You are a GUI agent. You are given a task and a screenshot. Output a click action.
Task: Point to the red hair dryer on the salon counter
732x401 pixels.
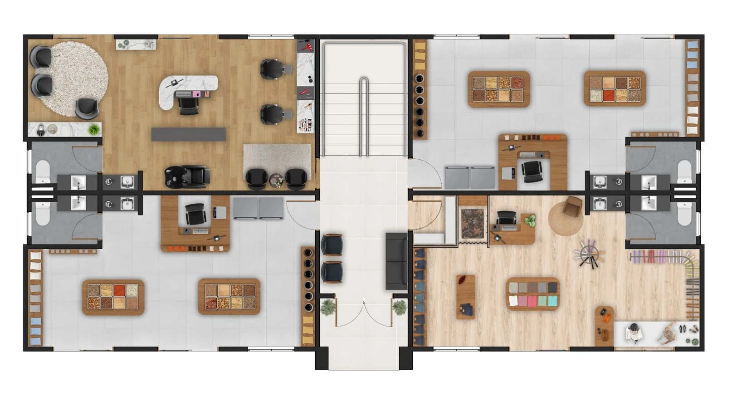307,46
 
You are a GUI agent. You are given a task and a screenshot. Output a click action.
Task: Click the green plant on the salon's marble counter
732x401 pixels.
94,129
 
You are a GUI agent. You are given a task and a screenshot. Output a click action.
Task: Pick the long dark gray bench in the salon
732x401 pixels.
188,134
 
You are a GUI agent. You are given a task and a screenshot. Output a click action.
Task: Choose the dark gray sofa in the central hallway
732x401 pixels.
396,261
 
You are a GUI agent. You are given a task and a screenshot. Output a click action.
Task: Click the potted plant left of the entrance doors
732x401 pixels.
327,307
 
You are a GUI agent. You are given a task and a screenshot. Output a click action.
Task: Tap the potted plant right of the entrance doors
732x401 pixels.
400,307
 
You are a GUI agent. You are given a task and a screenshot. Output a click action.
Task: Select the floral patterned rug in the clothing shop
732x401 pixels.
473,224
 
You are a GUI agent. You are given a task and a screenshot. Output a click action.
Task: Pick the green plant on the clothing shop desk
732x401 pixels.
529,221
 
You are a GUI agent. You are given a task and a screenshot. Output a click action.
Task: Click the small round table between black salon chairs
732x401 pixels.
276,181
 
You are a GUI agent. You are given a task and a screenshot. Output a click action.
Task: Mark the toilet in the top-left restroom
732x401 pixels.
43,172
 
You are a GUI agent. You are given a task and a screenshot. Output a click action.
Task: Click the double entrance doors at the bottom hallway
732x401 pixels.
364,313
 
